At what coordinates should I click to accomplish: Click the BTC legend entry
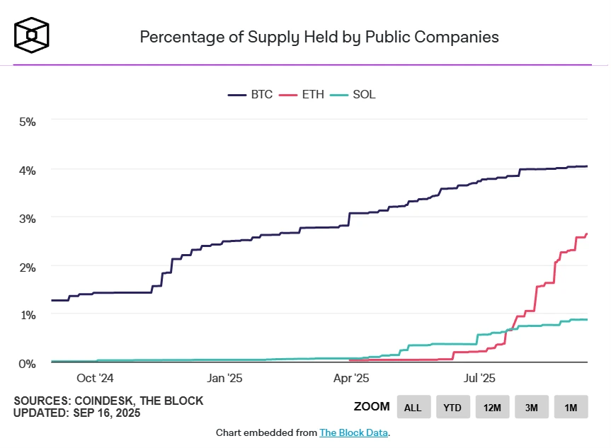pyautogui.click(x=250, y=95)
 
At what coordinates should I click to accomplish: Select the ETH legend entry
pyautogui.click(x=302, y=95)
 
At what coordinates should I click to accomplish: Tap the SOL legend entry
pyautogui.click(x=353, y=95)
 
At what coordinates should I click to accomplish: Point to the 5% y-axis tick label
pyautogui.click(x=28, y=122)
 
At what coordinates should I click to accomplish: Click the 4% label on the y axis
pyautogui.click(x=28, y=171)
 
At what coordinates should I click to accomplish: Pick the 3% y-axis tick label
pyautogui.click(x=28, y=219)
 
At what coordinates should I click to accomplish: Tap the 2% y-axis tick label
pyautogui.click(x=28, y=268)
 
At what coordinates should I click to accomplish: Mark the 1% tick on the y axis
pyautogui.click(x=28, y=315)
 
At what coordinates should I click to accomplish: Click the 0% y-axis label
pyautogui.click(x=28, y=364)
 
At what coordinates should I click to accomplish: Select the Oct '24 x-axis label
pyautogui.click(x=95, y=378)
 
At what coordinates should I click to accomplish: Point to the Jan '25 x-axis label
pyautogui.click(x=224, y=378)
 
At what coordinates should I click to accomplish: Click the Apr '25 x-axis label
pyautogui.click(x=351, y=378)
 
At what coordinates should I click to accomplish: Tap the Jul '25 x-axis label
pyautogui.click(x=479, y=378)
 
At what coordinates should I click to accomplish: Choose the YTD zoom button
pyautogui.click(x=453, y=407)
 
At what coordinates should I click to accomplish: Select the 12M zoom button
pyautogui.click(x=492, y=407)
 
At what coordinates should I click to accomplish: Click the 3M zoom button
pyautogui.click(x=532, y=407)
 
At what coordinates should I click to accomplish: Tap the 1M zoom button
pyautogui.click(x=571, y=407)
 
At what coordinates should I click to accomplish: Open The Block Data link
pyautogui.click(x=353, y=433)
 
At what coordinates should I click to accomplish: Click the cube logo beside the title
pyautogui.click(x=32, y=35)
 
